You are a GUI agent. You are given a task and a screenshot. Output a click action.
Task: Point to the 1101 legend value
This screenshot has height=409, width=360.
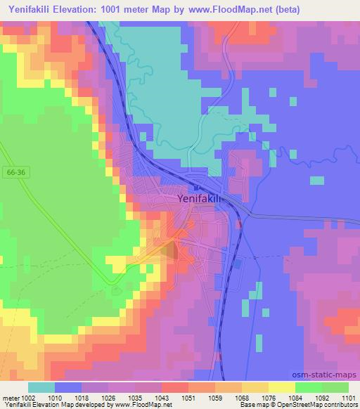pyautogui.click(x=349, y=397)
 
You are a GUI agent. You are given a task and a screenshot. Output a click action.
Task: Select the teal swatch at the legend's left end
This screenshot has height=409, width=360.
pyautogui.click(x=41, y=387)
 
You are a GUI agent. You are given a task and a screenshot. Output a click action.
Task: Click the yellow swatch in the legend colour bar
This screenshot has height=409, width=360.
pyautogui.click(x=281, y=387)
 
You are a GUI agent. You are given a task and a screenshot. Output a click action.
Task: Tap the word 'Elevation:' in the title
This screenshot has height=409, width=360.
pyautogui.click(x=94, y=10)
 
